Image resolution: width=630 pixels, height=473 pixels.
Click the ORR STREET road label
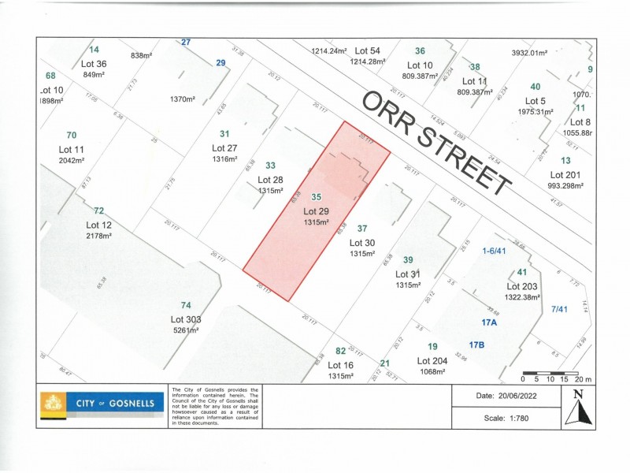click(437, 143)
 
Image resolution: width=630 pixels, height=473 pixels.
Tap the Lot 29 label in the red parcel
click(317, 211)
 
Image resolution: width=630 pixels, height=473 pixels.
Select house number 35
click(317, 197)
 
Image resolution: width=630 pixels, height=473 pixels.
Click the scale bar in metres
click(550, 371)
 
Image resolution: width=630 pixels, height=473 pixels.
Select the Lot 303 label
click(187, 319)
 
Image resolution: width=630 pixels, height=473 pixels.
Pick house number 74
click(186, 306)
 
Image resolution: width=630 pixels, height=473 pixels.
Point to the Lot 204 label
click(432, 361)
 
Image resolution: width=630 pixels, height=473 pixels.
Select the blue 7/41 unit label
click(559, 309)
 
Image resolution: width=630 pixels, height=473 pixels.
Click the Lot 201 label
click(566, 175)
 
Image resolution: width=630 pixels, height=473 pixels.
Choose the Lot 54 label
click(368, 50)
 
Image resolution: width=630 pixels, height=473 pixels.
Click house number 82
click(340, 351)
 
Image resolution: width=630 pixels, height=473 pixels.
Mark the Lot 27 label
click(224, 148)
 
